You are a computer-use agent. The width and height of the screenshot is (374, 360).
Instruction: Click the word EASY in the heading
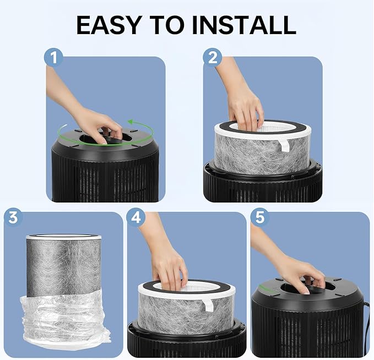(x=108, y=25)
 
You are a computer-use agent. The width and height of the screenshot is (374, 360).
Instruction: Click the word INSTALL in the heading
(x=244, y=25)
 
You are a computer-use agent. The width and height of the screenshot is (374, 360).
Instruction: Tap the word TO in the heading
(x=166, y=25)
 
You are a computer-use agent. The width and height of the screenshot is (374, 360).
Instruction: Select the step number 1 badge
(x=53, y=58)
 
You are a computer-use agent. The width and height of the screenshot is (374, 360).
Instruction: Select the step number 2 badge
(x=212, y=58)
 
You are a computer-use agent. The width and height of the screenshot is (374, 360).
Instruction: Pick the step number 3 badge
(x=13, y=217)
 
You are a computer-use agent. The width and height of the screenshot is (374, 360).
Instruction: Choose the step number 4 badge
(x=135, y=217)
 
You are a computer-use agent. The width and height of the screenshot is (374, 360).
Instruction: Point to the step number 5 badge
(x=260, y=217)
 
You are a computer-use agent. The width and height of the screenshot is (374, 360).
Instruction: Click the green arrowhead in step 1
(x=131, y=122)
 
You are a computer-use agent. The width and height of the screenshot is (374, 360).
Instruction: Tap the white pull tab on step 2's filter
(x=284, y=145)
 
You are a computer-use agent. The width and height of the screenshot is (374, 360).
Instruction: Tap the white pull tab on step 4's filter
(x=208, y=305)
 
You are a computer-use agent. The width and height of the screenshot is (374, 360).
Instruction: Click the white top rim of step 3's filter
(x=64, y=237)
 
